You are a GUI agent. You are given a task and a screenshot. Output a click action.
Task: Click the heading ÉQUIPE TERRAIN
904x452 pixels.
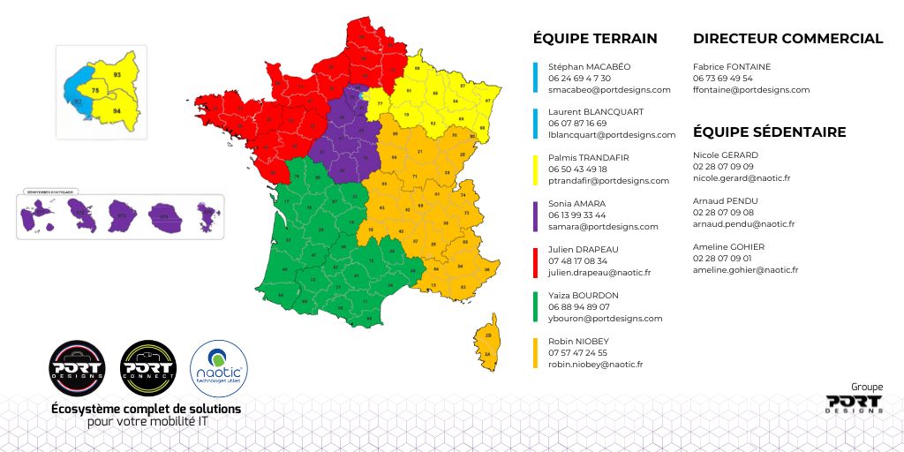595,38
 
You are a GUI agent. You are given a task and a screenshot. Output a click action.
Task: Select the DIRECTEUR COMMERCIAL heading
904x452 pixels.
787,38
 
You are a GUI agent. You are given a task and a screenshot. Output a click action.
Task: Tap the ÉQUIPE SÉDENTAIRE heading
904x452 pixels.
769,132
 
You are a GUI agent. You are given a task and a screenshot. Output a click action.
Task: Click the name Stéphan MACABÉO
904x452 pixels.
590,66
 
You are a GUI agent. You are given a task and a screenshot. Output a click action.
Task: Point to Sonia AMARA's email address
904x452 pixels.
603,227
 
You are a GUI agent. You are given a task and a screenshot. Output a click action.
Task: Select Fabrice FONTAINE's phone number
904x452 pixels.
723,78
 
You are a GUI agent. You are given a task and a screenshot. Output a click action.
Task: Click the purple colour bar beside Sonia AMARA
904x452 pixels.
536,215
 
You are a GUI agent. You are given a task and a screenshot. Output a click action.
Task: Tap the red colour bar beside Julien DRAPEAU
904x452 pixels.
536,260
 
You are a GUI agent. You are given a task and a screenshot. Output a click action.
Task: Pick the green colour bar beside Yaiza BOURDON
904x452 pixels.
536,306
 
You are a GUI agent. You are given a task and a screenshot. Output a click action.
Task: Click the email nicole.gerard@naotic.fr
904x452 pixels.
742,178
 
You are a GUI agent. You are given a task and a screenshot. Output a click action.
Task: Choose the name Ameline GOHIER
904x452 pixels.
728,246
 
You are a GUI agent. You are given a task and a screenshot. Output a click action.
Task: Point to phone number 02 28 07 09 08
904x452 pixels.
723,213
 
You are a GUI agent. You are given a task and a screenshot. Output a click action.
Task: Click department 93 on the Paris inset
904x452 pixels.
117,75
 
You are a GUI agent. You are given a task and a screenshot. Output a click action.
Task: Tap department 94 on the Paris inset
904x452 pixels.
117,112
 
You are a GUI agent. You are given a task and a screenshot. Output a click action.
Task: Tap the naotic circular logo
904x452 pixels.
219,369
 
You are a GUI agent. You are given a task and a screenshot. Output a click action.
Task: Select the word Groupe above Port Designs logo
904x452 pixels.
867,387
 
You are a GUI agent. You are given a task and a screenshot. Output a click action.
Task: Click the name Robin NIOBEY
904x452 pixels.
578,341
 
